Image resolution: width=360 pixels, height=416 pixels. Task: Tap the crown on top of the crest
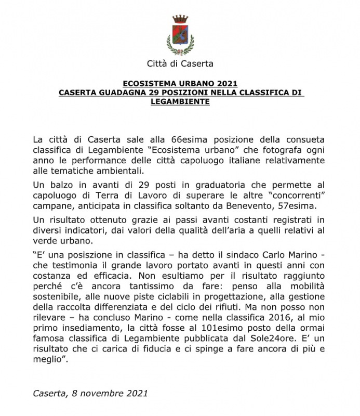[x=180, y=20]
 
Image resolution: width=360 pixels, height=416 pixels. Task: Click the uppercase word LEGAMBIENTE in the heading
[x=180, y=101]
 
